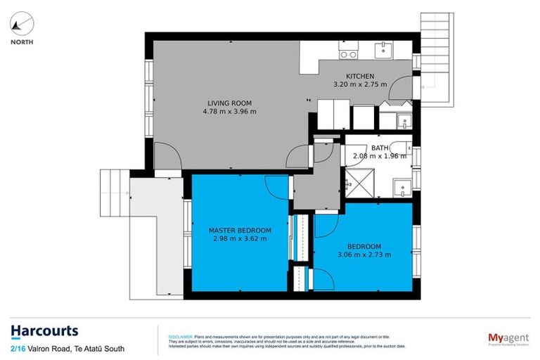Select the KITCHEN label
click(359, 76)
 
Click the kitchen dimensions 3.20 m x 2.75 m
click(360, 84)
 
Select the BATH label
click(380, 148)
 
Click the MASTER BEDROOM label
click(239, 230)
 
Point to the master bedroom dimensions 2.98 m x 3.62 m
click(240, 238)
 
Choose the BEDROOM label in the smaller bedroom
click(364, 246)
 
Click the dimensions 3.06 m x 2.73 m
click(364, 255)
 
